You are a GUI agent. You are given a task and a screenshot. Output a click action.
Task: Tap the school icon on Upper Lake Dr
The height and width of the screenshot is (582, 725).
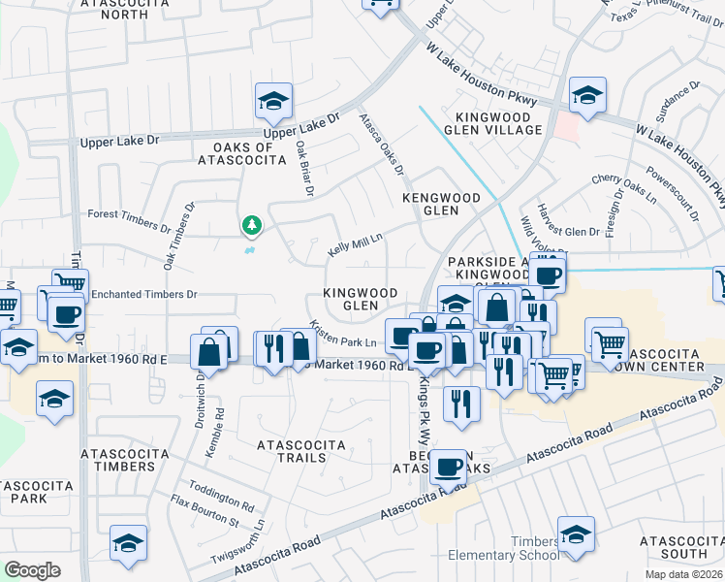274,100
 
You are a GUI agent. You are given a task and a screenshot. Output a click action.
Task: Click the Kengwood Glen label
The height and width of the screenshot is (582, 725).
441,204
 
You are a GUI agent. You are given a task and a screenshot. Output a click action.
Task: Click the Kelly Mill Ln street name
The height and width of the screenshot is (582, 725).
356,242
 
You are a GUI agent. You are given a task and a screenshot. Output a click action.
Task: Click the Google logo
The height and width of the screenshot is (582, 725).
32,569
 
